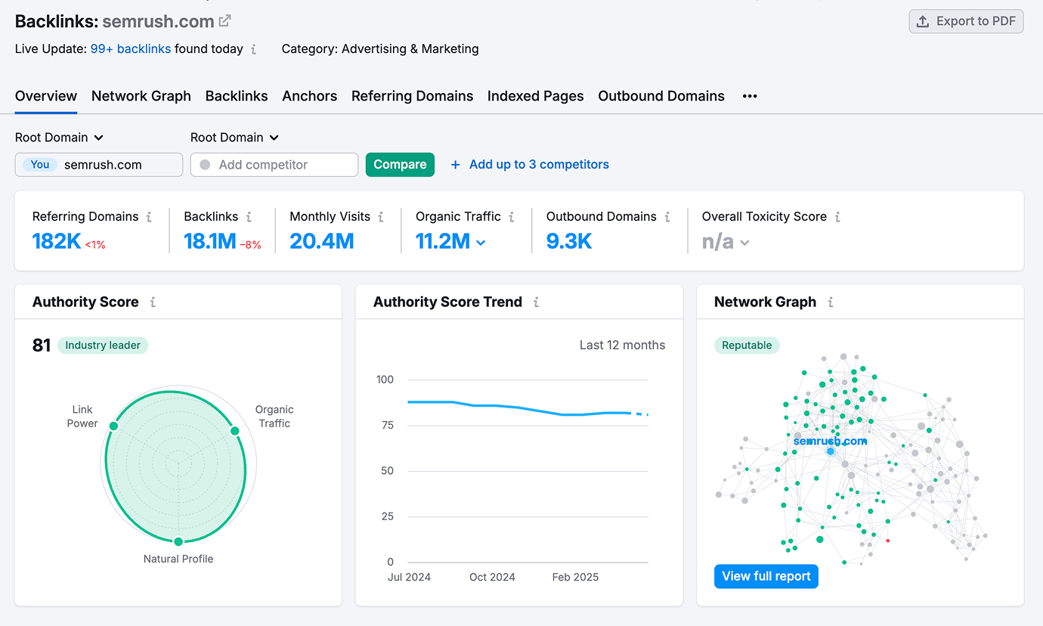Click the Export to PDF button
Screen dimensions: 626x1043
(966, 21)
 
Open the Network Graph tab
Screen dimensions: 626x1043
(141, 96)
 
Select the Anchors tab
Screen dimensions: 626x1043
(309, 96)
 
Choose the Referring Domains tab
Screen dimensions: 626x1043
(412, 96)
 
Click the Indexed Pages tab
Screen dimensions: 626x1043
(535, 96)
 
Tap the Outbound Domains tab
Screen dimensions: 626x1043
(661, 96)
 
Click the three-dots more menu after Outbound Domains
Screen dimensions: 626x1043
(749, 96)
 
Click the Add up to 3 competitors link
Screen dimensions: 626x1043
(538, 165)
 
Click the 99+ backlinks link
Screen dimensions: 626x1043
(130, 49)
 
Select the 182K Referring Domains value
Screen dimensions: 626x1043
(56, 241)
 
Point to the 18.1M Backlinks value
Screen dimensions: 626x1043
(210, 241)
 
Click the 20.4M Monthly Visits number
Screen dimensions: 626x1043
(321, 241)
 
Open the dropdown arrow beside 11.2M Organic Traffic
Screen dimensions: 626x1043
(481, 243)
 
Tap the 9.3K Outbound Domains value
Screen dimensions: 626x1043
(568, 241)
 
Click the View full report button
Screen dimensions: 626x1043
(766, 576)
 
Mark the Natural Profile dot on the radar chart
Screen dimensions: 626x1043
(178, 541)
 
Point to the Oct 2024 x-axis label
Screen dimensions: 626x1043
(492, 577)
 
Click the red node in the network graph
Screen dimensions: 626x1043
(887, 541)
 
